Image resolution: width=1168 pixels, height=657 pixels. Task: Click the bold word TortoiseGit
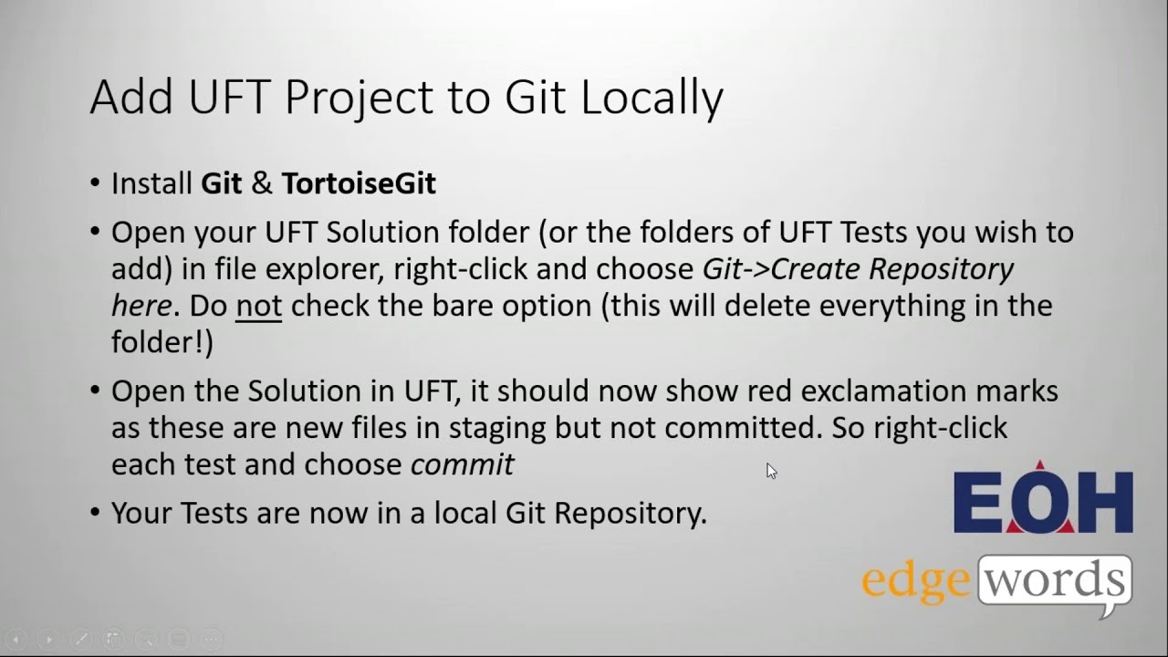point(359,183)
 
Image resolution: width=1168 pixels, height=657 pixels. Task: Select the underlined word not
point(258,306)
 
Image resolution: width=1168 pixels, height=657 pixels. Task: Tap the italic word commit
point(463,464)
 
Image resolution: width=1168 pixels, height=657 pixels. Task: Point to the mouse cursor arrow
point(770,469)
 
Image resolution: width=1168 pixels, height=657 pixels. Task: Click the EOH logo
point(1043,500)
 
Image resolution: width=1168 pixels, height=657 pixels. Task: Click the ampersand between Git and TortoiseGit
point(262,183)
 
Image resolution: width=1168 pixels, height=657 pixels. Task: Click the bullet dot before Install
point(96,183)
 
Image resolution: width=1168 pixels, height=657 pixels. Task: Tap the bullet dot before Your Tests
point(96,513)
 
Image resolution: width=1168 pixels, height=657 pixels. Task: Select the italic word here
point(141,306)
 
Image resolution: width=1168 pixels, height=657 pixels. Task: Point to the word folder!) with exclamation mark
point(162,342)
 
